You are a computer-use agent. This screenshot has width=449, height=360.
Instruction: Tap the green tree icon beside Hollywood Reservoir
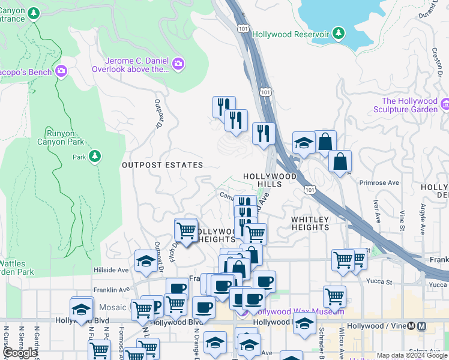340,34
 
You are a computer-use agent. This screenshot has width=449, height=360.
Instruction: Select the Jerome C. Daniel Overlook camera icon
178,64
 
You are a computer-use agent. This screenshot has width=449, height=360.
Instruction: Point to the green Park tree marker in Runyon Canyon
94,157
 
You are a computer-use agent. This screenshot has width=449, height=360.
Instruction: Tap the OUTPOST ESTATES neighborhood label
162,164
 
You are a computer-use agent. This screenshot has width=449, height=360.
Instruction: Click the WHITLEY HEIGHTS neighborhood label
310,223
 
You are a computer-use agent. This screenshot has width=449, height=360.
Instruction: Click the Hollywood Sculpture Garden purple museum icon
445,105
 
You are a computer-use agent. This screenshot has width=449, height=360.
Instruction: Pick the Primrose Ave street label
379,182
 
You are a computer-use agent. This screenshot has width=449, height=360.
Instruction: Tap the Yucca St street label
380,281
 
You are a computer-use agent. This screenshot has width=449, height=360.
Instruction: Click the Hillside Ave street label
111,270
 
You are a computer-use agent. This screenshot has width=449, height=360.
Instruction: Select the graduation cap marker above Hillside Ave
145,260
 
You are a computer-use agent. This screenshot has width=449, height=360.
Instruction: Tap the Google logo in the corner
20,353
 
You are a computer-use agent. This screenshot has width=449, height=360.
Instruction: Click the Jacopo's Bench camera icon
61,72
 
